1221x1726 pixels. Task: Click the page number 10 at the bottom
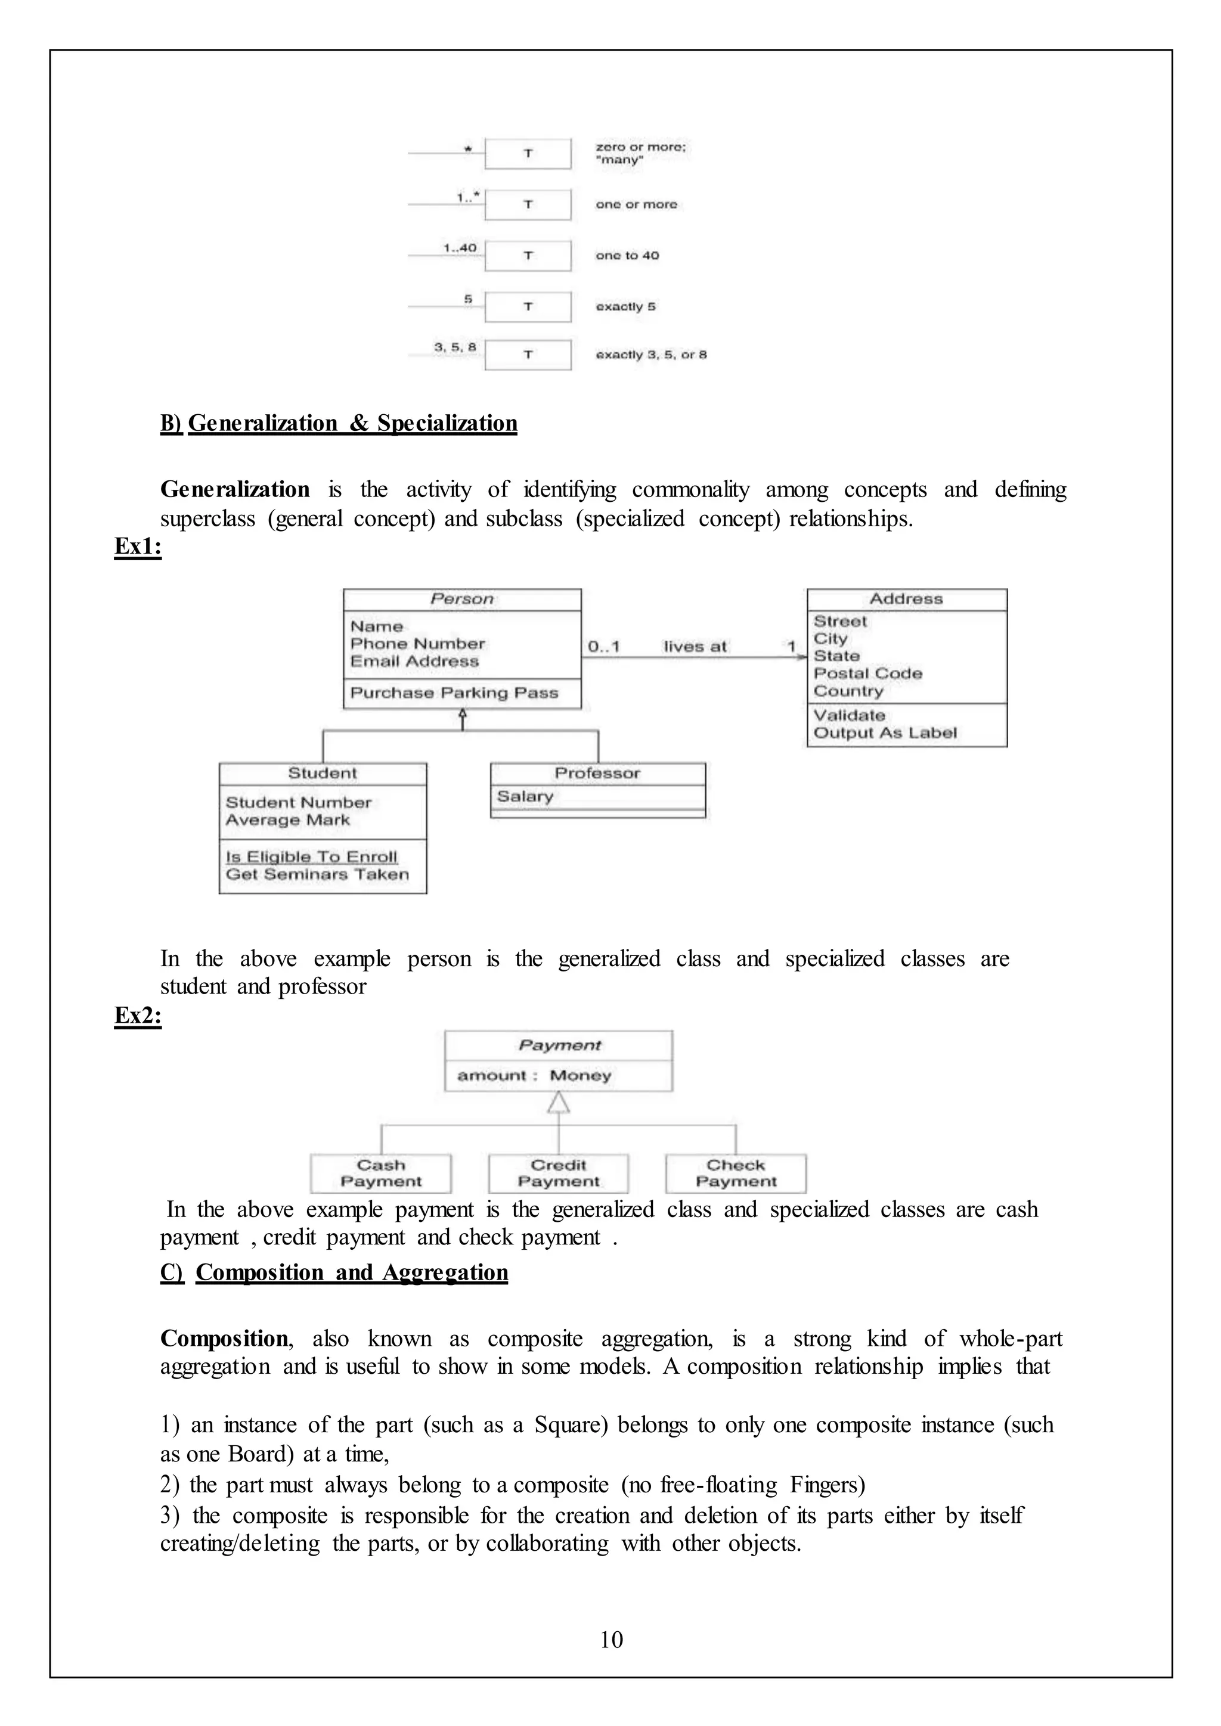[x=610, y=1640]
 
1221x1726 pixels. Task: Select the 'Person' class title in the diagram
[x=461, y=599]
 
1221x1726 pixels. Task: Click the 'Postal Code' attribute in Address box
[x=867, y=673]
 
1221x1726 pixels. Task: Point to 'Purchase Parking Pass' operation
[x=454, y=693]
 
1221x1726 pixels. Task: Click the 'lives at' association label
[x=695, y=647]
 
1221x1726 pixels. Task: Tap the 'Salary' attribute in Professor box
[x=525, y=796]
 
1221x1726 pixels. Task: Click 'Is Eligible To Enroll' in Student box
[x=311, y=857]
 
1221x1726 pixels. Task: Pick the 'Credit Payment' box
[x=558, y=1174]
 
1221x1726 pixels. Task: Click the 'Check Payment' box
[x=735, y=1174]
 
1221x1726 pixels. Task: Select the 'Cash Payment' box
[x=380, y=1174]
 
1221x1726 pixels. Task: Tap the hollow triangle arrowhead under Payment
[x=558, y=1103]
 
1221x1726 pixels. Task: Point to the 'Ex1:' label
[x=138, y=547]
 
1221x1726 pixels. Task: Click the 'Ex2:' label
[x=138, y=1016]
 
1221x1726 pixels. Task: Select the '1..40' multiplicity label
[x=460, y=248]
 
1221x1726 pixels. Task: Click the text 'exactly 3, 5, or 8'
[x=651, y=355]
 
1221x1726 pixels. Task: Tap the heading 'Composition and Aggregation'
[x=351, y=1272]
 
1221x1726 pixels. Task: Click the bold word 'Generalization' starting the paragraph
[x=234, y=489]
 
